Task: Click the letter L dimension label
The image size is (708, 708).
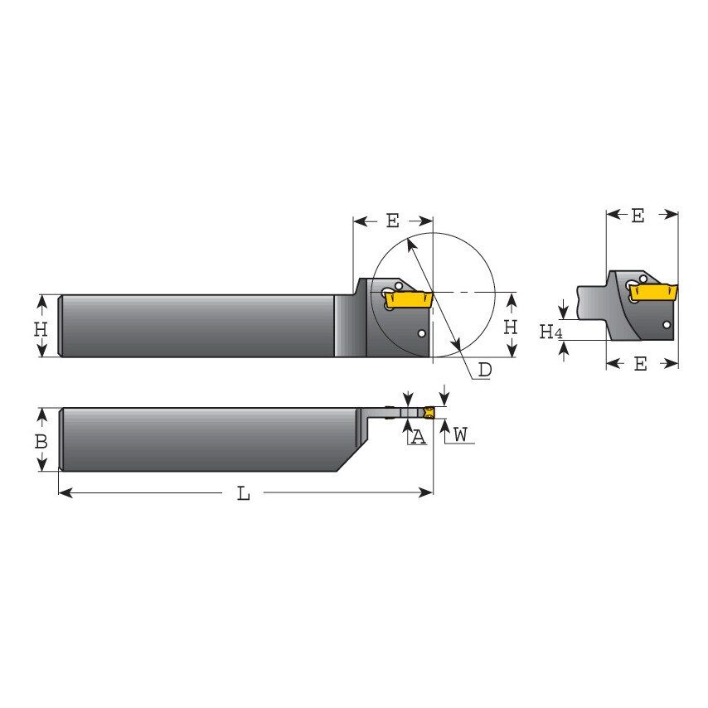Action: click(x=243, y=494)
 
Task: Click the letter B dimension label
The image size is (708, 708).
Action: click(x=41, y=442)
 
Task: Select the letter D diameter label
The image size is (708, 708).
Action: click(x=485, y=370)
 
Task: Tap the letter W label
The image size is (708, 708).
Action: click(x=461, y=434)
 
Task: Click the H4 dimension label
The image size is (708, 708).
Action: click(x=550, y=332)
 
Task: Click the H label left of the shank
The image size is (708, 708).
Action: click(x=41, y=328)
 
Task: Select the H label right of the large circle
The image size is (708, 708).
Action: click(x=511, y=327)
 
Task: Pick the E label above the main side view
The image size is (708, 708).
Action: click(x=392, y=221)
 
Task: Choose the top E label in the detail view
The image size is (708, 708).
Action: click(x=637, y=216)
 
